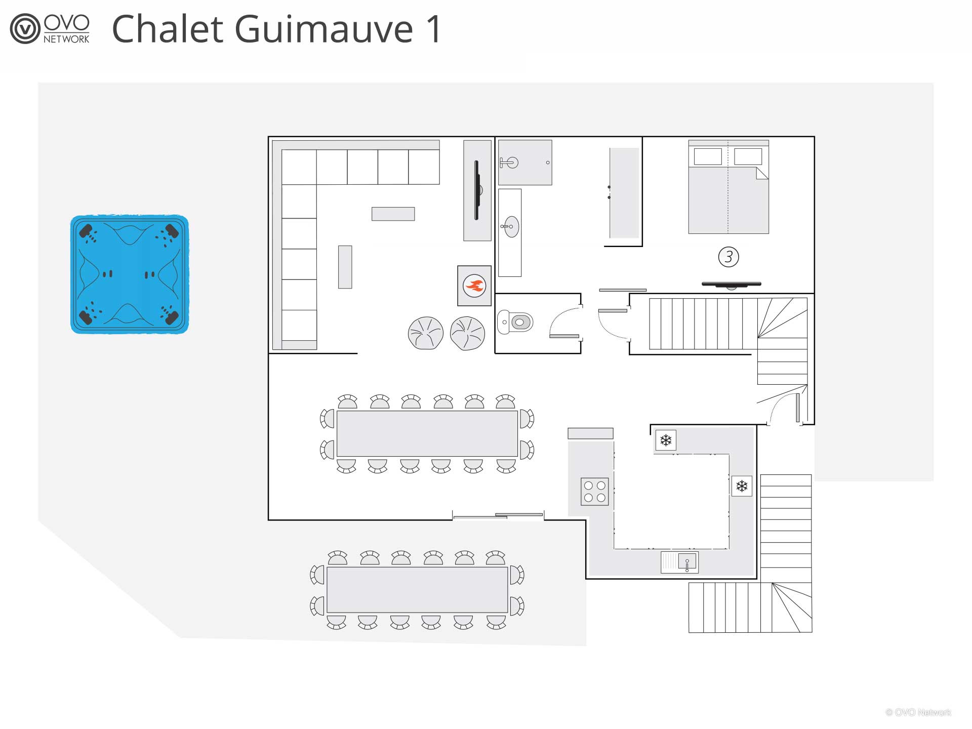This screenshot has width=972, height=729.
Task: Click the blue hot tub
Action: (130, 274)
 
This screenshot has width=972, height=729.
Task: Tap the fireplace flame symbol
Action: (474, 286)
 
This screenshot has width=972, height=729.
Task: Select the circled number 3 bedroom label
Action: (728, 257)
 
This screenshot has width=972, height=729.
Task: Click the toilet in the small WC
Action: (515, 322)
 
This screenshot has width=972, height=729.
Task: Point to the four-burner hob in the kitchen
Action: (595, 492)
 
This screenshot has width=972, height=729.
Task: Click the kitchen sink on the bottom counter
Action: (680, 562)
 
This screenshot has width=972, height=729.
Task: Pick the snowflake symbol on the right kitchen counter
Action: (742, 487)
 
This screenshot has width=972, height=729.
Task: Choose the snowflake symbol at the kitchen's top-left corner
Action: (666, 440)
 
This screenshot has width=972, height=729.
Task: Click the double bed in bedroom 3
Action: (728, 187)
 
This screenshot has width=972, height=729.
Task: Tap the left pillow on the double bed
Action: (708, 156)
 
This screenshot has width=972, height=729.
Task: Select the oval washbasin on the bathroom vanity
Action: (511, 226)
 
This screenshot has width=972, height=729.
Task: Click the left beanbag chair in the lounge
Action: (426, 333)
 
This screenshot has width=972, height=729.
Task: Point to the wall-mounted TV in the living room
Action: (476, 190)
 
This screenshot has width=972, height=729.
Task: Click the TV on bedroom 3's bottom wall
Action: (732, 285)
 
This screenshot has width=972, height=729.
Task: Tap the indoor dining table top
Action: (427, 434)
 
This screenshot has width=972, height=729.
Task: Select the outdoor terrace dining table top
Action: (417, 590)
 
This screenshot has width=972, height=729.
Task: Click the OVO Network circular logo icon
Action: (25, 29)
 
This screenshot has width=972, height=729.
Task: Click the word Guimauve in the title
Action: (323, 29)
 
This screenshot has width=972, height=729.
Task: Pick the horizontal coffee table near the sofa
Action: (393, 214)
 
